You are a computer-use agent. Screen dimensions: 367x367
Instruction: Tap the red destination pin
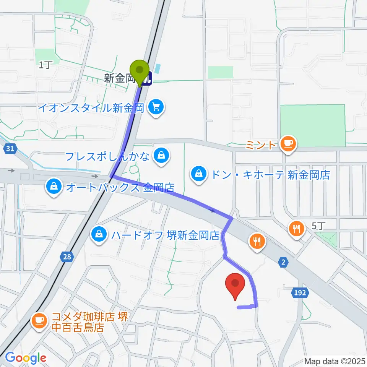[235, 285]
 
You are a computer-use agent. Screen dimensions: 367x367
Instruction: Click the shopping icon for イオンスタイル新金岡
[156, 107]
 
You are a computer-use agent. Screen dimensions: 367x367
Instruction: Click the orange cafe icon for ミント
[287, 144]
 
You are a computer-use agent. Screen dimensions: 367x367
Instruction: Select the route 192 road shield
[300, 293]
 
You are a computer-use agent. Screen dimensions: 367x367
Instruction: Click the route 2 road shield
[283, 262]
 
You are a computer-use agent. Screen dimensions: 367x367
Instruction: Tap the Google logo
[26, 358]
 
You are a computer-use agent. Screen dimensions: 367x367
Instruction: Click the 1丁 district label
[44, 65]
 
